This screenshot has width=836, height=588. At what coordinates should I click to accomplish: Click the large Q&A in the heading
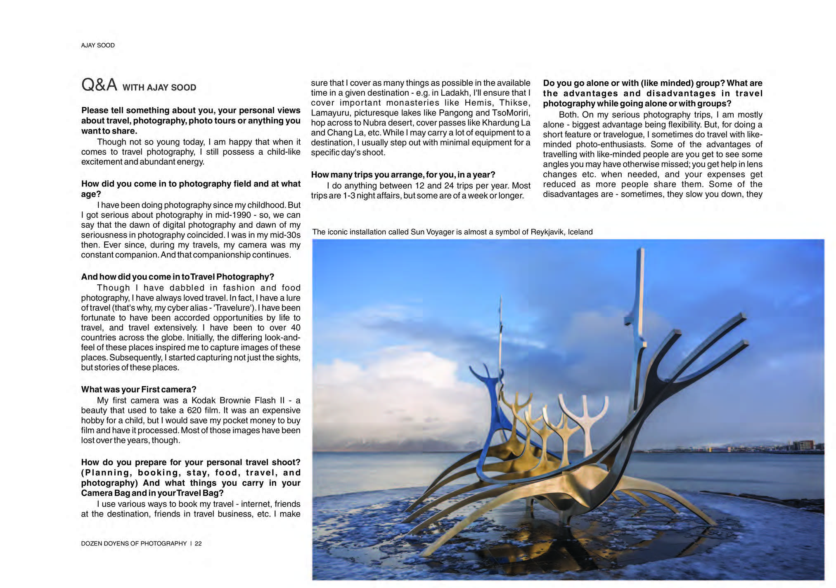coord(99,85)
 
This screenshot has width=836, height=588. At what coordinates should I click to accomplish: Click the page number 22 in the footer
coord(198,543)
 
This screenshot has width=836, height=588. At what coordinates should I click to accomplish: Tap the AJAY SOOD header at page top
coord(98,45)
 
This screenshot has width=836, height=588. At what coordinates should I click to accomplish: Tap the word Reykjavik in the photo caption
coord(548,232)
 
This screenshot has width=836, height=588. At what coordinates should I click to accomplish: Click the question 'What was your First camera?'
coord(138,390)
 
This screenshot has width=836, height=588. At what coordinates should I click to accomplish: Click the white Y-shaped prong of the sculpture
coord(583,413)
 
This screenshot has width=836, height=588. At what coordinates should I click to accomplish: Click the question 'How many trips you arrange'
coord(403,175)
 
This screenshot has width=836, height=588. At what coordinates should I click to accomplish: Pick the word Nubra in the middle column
coord(374,123)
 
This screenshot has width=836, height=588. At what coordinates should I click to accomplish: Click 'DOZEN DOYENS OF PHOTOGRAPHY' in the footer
coord(134,543)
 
